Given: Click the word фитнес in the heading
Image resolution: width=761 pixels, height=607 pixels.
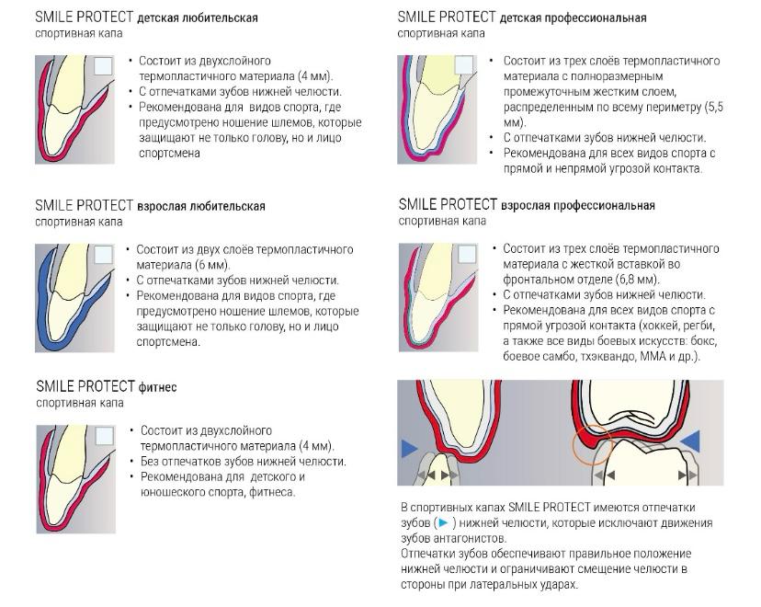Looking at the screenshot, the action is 158,387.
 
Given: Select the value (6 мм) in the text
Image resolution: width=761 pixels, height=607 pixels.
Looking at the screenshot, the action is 212,265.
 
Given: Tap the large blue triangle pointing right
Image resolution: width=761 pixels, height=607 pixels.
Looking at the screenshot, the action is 410,449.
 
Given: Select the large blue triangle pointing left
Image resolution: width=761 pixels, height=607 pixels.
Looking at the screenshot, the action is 689,441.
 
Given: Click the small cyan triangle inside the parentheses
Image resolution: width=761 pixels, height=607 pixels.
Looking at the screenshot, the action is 443,523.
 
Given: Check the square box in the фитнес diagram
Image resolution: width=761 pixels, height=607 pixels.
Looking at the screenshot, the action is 105,436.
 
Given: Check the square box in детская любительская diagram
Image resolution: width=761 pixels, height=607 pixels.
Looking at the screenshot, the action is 103,66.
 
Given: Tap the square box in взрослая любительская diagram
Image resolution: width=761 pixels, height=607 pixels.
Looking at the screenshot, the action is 103,255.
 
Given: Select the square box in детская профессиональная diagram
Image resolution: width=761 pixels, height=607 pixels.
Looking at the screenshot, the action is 464,65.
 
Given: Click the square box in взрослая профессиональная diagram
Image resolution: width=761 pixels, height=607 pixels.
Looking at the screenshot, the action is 467,254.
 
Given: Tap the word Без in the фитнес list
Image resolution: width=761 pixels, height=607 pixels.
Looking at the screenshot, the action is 150,462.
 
